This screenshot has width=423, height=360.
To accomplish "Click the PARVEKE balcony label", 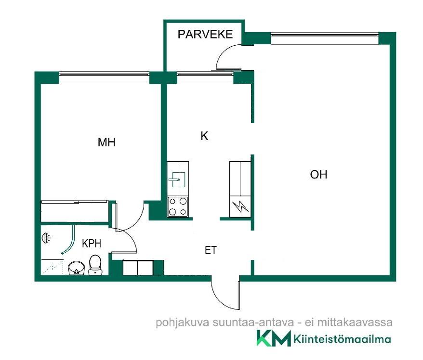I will click(205, 34).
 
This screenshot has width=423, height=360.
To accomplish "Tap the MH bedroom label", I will click(106, 142).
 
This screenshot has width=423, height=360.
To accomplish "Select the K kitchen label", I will click(204, 136).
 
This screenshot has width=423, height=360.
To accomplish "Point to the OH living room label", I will click(318, 175).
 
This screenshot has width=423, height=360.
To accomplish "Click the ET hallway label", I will click(211, 250).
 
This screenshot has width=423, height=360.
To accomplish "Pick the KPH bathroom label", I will click(91, 244).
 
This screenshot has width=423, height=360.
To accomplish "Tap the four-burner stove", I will click(177, 206).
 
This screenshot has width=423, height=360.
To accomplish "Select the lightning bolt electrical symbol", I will click(239, 207).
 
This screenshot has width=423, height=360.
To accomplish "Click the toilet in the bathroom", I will click(95, 265).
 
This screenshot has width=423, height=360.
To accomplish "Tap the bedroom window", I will click(104, 75).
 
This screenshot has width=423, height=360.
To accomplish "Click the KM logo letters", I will click(274, 338).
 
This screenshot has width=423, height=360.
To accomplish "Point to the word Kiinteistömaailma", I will click(342, 339).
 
